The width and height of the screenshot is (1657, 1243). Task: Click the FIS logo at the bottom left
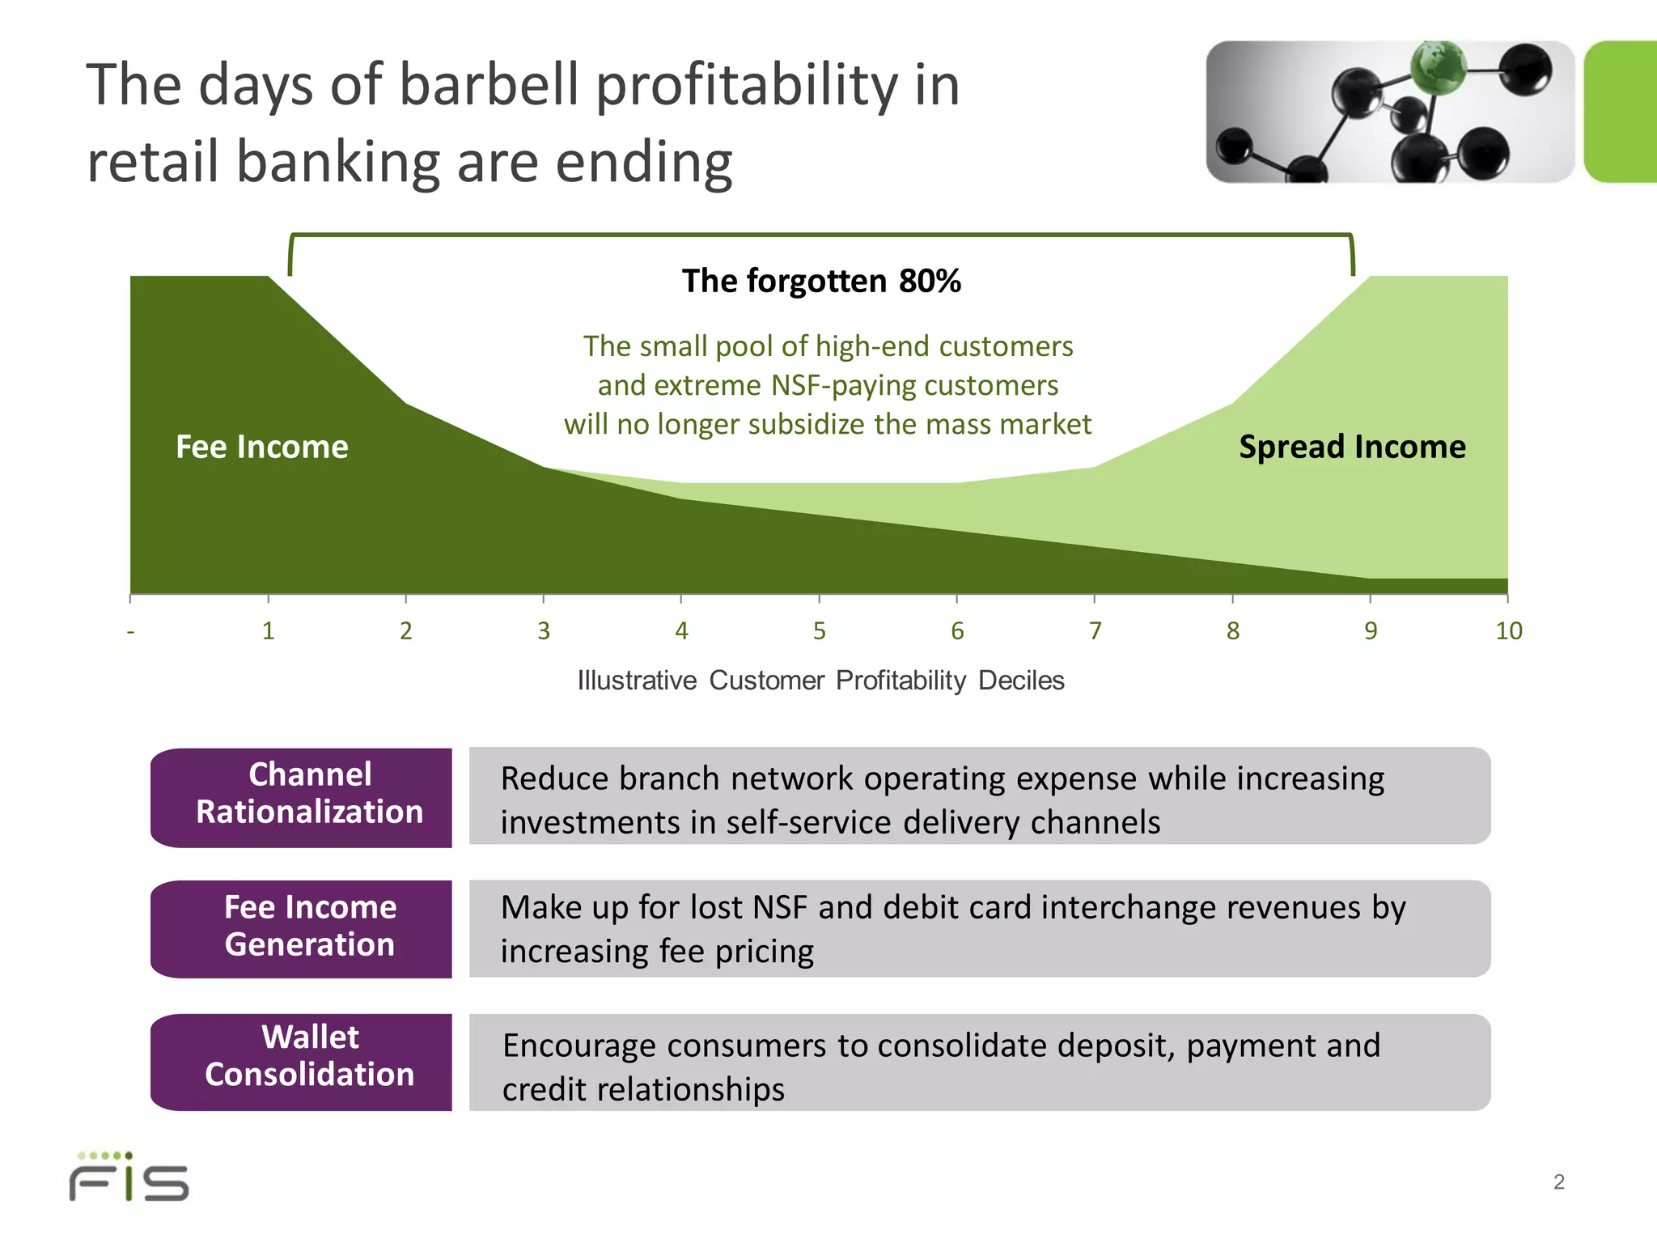(129, 1178)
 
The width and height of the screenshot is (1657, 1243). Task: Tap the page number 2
(1558, 1182)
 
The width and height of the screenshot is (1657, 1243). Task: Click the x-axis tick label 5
(820, 631)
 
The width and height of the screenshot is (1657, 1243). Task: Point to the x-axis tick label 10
(1508, 631)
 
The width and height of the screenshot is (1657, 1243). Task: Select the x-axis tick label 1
(269, 631)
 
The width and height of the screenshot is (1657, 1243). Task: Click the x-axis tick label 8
(1233, 631)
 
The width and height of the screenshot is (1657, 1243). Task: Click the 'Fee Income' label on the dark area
(262, 447)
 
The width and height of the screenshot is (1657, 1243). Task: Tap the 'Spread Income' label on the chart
(1352, 447)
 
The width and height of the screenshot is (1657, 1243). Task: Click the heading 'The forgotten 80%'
(821, 281)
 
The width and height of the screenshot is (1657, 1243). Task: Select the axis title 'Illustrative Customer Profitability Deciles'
(820, 681)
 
